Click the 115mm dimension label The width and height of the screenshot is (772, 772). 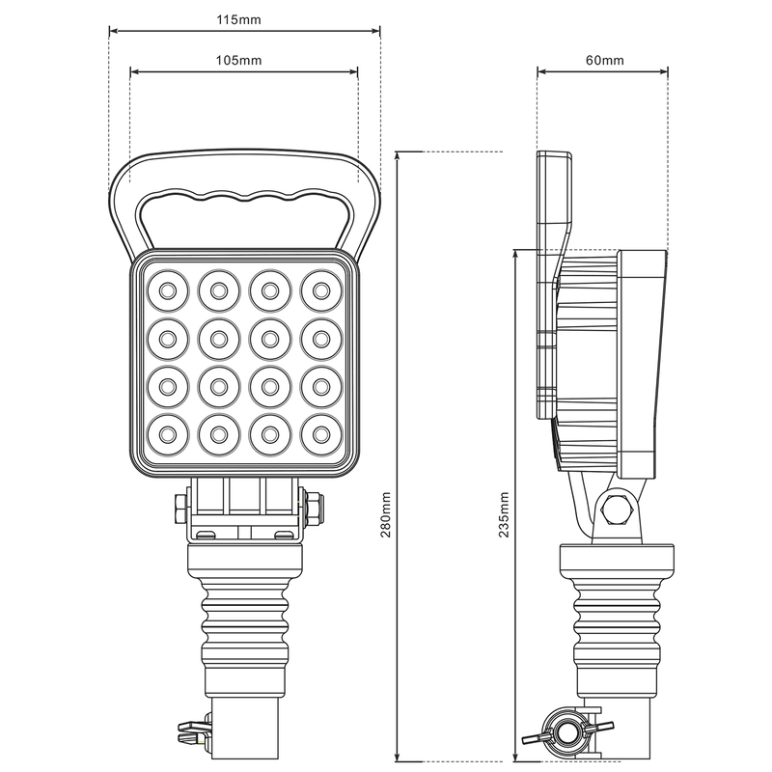[245, 19]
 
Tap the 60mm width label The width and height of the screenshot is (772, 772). [604, 60]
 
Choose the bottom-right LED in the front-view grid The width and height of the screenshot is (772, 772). [319, 431]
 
